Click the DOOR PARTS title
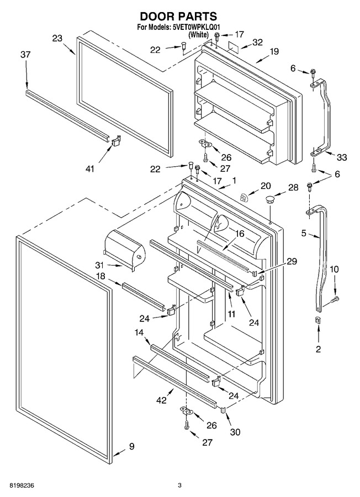pos(178,16)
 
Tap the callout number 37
pos(25,55)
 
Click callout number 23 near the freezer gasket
pos(57,38)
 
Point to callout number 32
pos(257,42)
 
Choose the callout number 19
pos(273,51)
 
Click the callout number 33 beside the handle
pos(341,157)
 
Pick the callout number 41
pos(90,169)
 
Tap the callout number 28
pos(293,188)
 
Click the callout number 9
pos(131,447)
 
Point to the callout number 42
pos(161,400)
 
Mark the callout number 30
pos(235,432)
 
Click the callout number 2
pos(318,349)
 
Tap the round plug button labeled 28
pos(270,200)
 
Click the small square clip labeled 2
pos(318,320)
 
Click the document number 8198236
pos(22,485)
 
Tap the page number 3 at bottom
pos(179,485)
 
